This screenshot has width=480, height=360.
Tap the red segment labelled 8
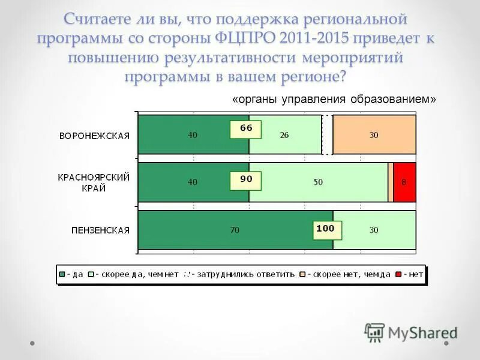[404, 182]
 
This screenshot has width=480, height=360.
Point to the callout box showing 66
[246, 128]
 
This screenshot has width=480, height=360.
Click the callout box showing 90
[246, 179]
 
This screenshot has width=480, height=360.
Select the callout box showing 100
[325, 229]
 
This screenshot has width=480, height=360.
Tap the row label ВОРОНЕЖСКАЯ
[94, 136]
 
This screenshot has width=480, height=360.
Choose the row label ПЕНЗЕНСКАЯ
[100, 230]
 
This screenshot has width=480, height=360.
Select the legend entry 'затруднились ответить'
[243, 274]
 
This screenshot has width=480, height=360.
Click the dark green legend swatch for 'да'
[62, 274]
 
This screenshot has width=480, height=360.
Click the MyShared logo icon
[374, 332]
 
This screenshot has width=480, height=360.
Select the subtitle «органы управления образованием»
[334, 100]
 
